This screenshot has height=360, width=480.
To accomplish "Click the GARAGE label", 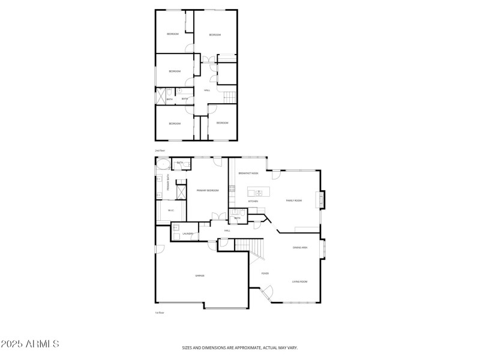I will [200, 275].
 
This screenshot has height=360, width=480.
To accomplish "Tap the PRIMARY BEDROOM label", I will [208, 190].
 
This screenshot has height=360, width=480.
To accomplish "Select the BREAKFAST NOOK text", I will [248, 173].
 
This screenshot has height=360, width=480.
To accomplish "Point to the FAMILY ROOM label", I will [293, 200].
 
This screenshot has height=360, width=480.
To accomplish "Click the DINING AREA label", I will [300, 247].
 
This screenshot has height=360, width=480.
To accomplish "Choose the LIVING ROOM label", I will [300, 281].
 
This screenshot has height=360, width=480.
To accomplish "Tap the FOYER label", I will [265, 274].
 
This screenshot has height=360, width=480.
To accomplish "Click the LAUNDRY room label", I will [188, 233].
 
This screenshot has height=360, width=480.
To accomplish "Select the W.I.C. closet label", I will [170, 210].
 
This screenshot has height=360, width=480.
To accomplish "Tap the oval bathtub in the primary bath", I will [163, 163].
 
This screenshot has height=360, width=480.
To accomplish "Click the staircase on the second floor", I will [230, 98].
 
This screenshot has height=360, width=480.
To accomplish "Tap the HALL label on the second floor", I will [207, 91].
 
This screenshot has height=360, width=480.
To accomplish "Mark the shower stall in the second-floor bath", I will [161, 95].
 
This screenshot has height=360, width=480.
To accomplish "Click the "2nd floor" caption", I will [160, 150].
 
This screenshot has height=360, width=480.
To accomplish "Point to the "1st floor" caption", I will [159, 313].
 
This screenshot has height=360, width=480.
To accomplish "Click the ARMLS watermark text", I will [30, 344].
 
